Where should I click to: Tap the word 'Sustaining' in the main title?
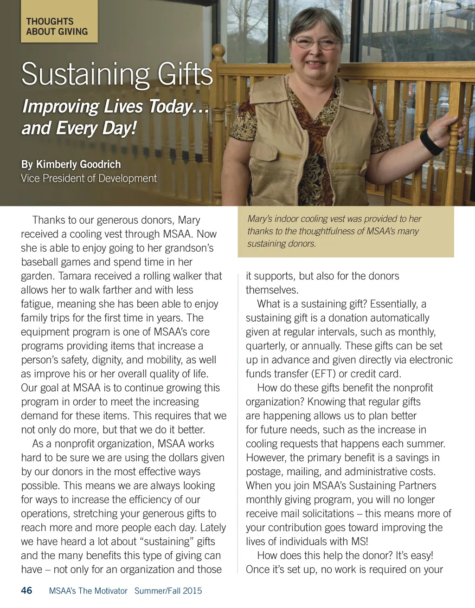click(85, 74)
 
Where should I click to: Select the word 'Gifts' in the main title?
click(185, 74)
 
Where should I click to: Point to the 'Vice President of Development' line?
click(89, 178)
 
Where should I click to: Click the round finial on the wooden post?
click(218, 51)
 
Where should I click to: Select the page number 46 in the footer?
click(26, 590)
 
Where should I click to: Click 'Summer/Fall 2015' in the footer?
click(168, 591)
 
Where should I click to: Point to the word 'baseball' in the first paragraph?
click(40, 262)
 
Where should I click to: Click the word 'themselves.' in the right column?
click(272, 290)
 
